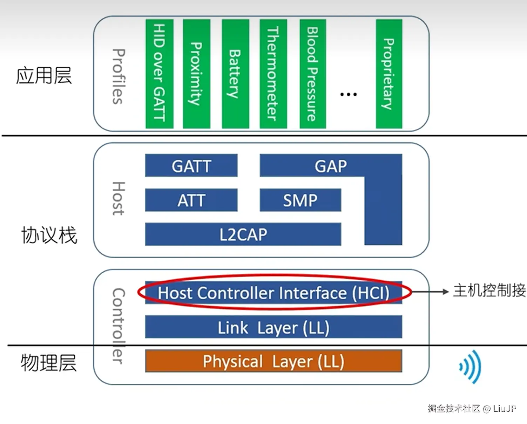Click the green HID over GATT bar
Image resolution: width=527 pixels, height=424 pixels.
pyautogui.click(x=160, y=74)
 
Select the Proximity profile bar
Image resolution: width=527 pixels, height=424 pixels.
pyautogui.click(x=196, y=74)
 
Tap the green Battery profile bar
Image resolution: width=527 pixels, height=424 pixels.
pyautogui.click(x=235, y=74)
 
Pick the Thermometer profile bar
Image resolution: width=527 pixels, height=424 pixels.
pyautogui.click(x=273, y=74)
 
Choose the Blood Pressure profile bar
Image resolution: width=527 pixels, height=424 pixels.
pyautogui.click(x=313, y=74)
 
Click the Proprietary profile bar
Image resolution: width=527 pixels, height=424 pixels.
pyautogui.click(x=389, y=74)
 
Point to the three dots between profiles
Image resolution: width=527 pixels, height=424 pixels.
pyautogui.click(x=349, y=94)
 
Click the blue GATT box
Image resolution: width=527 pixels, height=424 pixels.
pyautogui.click(x=191, y=165)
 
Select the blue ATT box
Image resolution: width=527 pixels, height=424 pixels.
pyautogui.click(x=191, y=200)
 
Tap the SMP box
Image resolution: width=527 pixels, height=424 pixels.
pyautogui.click(x=300, y=200)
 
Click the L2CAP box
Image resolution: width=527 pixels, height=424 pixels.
pyautogui.click(x=243, y=234)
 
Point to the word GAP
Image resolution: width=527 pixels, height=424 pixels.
pyautogui.click(x=331, y=166)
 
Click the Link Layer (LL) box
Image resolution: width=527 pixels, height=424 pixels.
pyautogui.click(x=273, y=327)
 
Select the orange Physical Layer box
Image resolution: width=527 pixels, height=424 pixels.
pyautogui.click(x=273, y=361)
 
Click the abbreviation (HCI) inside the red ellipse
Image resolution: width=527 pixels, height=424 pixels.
pyautogui.click(x=371, y=293)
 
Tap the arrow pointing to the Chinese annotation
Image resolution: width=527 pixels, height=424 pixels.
pyautogui.click(x=430, y=292)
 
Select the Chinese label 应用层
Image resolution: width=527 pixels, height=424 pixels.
pyautogui.click(x=44, y=76)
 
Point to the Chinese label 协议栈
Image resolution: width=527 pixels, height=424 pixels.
pyautogui.click(x=49, y=235)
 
